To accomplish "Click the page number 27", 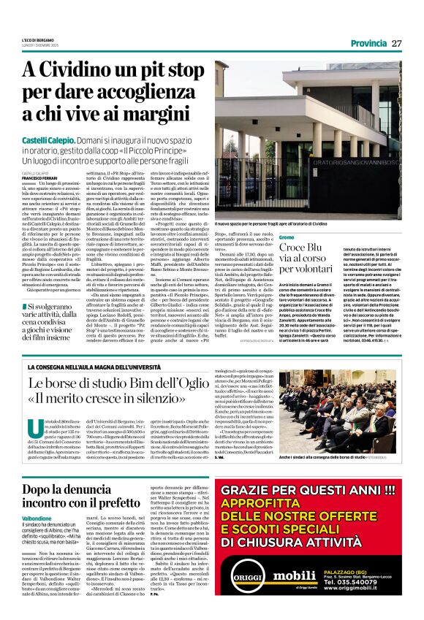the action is coord(396,43).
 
